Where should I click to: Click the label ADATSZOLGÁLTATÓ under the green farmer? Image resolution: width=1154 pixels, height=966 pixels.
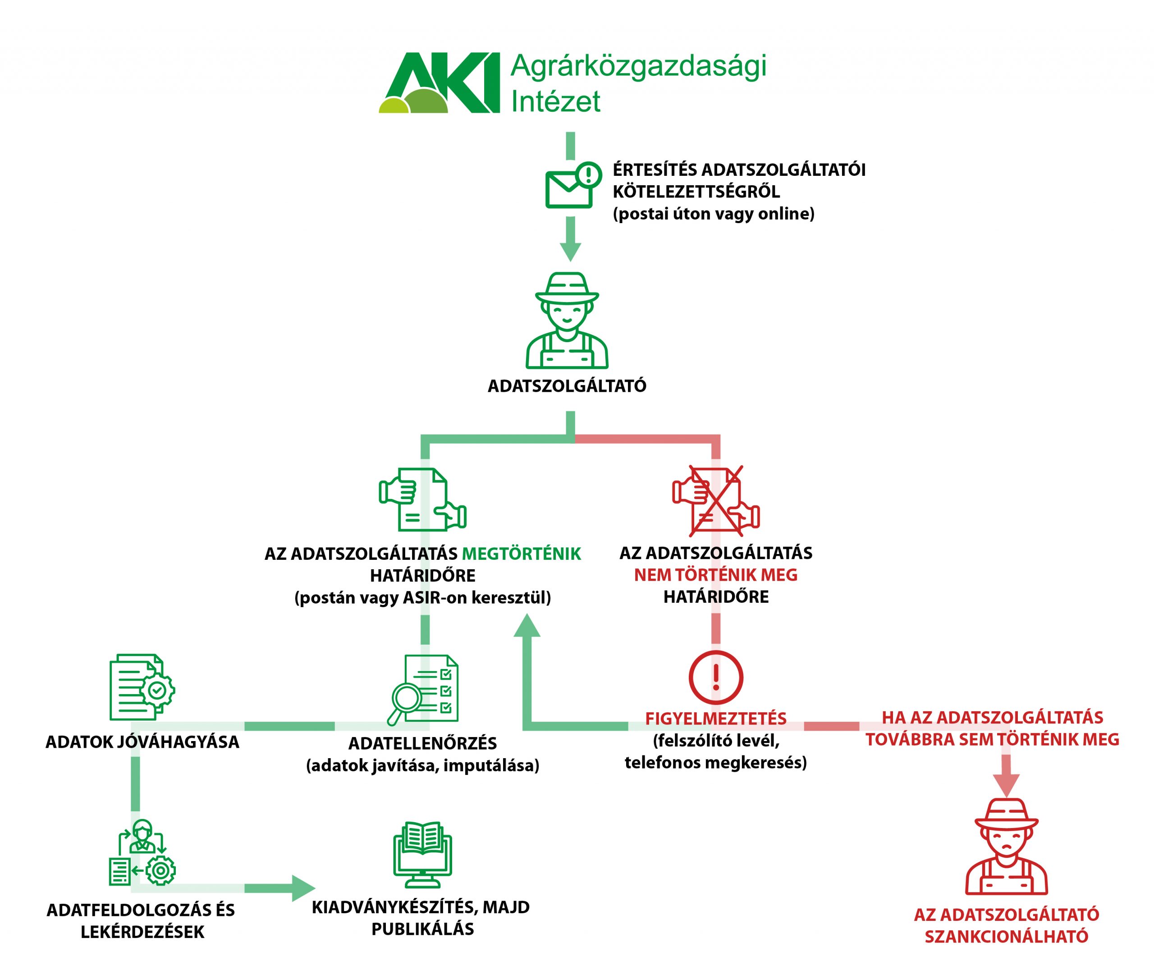(567, 386)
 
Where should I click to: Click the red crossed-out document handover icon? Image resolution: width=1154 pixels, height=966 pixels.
(716, 500)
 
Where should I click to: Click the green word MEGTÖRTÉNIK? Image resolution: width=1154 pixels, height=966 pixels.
(521, 554)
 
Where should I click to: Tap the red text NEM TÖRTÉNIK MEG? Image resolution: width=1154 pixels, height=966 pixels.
(715, 575)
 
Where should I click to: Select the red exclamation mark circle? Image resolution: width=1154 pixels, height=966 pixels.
(715, 678)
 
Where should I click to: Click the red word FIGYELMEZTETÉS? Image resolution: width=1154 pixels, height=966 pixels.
(715, 718)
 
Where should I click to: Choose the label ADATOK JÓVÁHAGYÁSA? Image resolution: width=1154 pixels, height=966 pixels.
(142, 742)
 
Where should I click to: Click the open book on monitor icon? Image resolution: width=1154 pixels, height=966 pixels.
(422, 855)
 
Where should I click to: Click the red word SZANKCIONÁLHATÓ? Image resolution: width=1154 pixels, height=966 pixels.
(1006, 936)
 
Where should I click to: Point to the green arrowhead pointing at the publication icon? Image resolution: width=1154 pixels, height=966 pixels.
(303, 888)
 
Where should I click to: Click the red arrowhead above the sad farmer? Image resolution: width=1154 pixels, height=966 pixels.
(1006, 784)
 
